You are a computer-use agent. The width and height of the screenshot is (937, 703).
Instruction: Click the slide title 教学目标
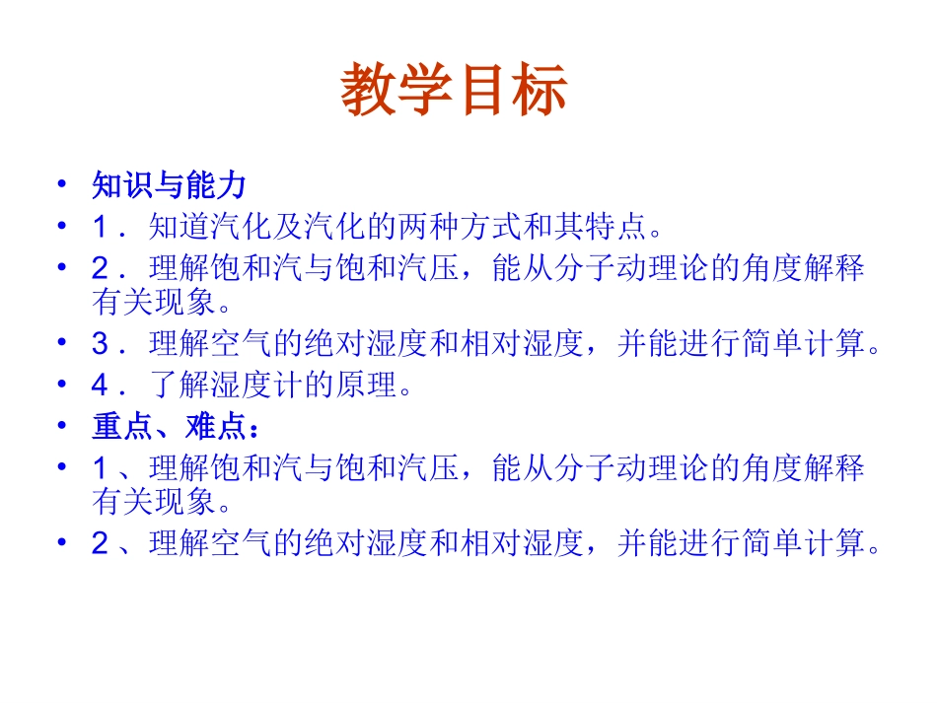455,92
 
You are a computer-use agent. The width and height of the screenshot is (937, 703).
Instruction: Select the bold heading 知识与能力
169,184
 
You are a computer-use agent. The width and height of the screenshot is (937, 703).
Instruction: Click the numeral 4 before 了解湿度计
100,385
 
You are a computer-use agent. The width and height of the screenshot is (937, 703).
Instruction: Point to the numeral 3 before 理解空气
100,344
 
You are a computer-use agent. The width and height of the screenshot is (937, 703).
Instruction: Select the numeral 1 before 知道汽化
100,227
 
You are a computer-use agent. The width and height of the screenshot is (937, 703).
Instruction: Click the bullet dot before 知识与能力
62,183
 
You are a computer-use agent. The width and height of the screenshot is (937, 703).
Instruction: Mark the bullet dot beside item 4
62,384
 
